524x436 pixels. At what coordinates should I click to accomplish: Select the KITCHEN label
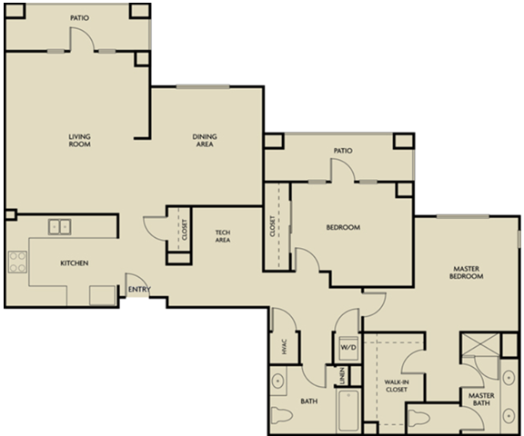[74, 263]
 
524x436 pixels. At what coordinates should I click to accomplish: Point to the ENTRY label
[139, 290]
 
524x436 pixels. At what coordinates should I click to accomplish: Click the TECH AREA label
[222, 236]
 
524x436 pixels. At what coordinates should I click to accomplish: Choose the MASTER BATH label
[480, 399]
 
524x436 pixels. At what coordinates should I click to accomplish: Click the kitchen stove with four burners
[16, 263]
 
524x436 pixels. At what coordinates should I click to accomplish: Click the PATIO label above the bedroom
[342, 150]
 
